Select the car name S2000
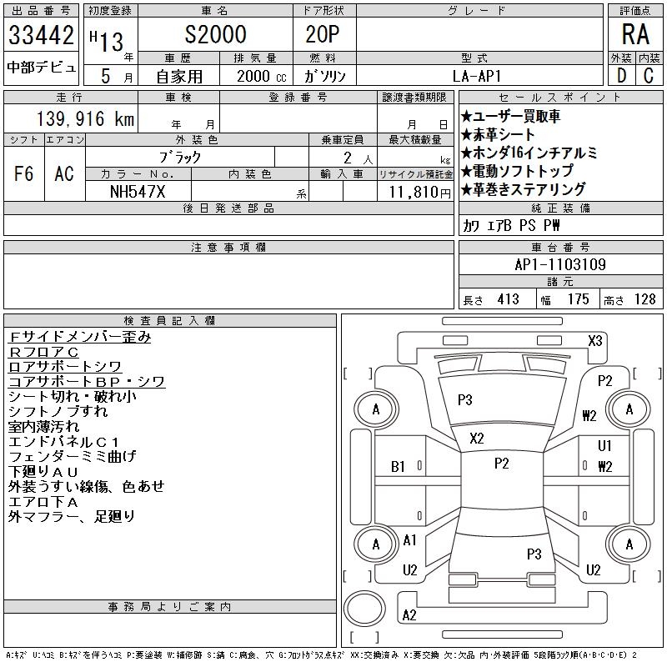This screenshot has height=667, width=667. (x=216, y=35)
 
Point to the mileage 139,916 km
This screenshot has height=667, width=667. (x=84, y=119)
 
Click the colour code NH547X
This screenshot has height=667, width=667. (x=138, y=190)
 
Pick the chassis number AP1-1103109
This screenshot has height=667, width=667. (x=560, y=264)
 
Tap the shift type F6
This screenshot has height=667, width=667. (x=24, y=173)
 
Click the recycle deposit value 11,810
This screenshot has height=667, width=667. (x=414, y=190)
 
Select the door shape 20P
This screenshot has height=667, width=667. (x=323, y=35)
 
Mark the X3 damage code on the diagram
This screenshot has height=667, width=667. (x=595, y=340)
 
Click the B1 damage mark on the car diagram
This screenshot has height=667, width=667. (x=399, y=467)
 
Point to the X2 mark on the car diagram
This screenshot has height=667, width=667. (x=477, y=439)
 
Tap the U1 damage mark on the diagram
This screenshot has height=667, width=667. (x=605, y=446)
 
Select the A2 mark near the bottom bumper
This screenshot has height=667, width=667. (x=409, y=615)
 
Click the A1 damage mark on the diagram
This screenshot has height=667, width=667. (x=409, y=540)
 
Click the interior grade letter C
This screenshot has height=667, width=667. (x=648, y=75)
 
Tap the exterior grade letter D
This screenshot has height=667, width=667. (x=621, y=75)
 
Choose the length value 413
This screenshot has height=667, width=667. (x=507, y=299)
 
